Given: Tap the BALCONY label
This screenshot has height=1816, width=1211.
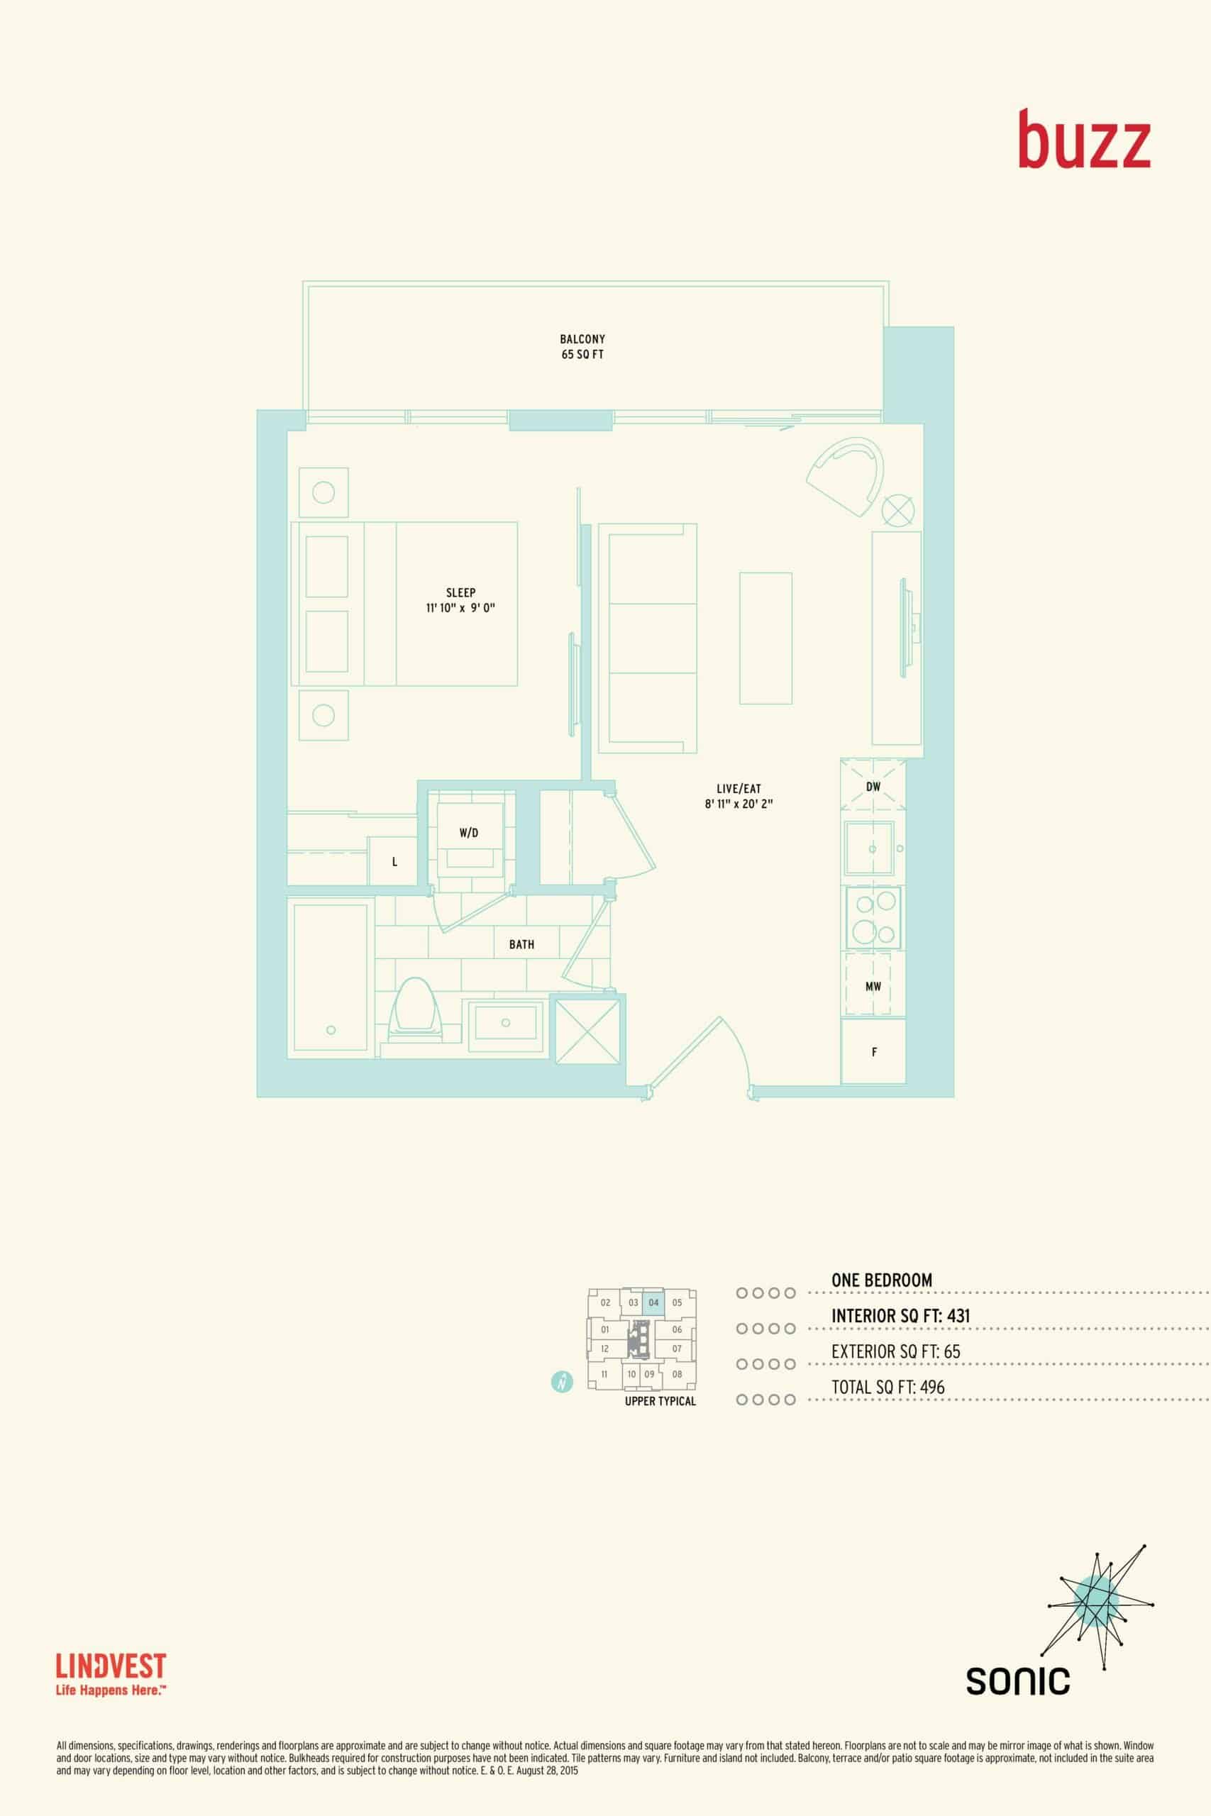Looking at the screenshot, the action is point(582,339).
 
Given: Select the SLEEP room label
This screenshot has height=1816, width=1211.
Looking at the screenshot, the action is point(460,592).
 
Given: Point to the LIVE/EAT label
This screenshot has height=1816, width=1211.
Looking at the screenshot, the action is point(739,788).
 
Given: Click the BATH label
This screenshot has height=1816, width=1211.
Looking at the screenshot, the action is point(521,944).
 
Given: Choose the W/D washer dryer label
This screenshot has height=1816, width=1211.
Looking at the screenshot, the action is point(469,832).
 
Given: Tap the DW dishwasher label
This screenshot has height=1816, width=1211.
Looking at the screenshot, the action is point(873,787).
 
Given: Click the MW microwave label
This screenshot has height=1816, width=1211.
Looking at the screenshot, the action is point(873,987).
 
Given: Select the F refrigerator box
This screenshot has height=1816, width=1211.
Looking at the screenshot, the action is point(873,1051).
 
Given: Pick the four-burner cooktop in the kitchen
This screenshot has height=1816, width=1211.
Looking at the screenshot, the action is point(874,918).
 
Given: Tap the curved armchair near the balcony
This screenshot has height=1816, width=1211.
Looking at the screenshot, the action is point(846,477).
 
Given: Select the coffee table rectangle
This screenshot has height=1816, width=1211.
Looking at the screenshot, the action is point(765,638).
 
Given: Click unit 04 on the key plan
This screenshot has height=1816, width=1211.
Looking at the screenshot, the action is point(653,1302).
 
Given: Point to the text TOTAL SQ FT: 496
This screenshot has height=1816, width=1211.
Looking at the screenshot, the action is point(888,1388).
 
